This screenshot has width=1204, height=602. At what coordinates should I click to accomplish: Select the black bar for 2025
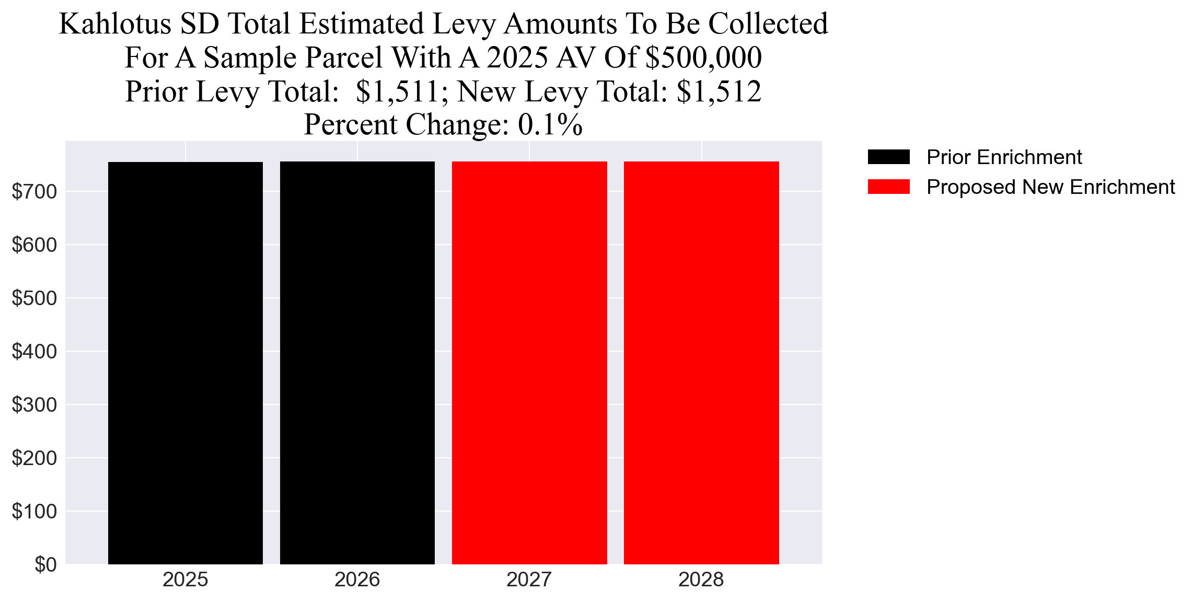[185, 363]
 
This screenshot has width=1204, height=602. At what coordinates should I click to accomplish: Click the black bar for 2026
[357, 363]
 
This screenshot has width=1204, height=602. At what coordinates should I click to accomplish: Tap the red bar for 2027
[529, 363]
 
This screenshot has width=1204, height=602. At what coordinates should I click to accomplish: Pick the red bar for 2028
[701, 363]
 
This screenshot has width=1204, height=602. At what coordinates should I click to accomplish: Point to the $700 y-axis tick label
[34, 192]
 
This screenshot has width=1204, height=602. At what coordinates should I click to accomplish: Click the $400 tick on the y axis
[34, 352]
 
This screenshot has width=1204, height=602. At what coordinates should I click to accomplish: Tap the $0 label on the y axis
[45, 565]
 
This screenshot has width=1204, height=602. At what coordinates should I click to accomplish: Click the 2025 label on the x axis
[185, 580]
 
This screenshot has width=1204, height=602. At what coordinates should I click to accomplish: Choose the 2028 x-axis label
[701, 580]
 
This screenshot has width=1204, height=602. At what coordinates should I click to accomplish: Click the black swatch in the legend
[888, 157]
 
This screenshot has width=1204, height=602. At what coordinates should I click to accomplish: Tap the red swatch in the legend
[888, 187]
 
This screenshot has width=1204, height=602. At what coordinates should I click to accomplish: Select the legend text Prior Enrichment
[1004, 157]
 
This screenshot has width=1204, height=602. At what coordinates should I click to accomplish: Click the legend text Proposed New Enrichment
[1050, 187]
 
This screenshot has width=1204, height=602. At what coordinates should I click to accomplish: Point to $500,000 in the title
[703, 57]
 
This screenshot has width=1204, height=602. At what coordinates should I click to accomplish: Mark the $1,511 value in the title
[397, 91]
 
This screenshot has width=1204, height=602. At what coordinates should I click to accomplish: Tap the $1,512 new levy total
[719, 91]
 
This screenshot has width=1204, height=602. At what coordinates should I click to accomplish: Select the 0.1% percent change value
[550, 125]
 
